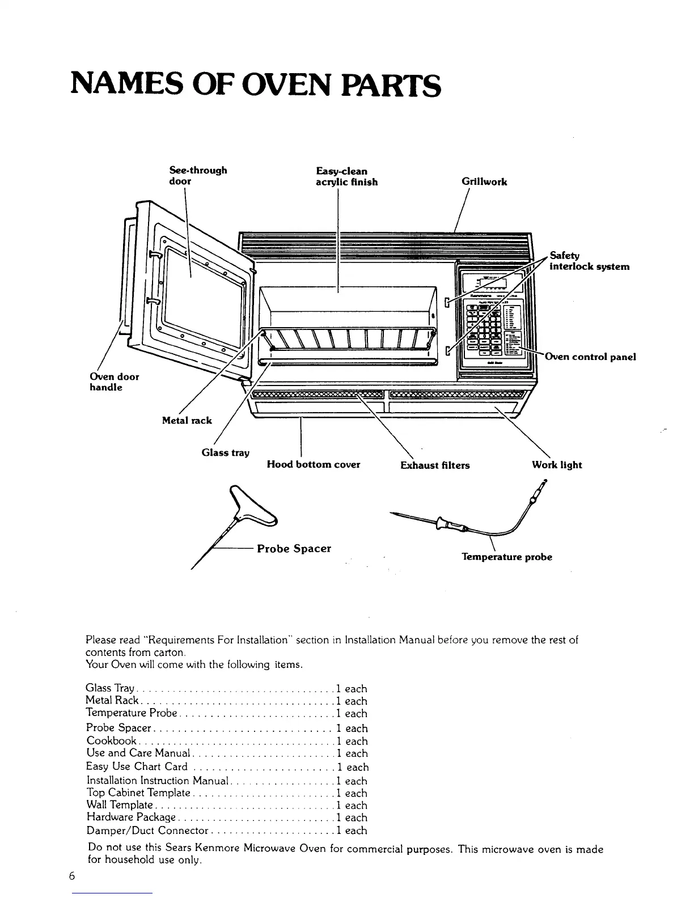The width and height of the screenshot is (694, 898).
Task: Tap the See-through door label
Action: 198,176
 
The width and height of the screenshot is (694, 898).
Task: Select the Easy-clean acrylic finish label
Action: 346,176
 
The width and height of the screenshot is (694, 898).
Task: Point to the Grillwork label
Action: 484,182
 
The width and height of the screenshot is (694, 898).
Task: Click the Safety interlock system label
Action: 589,261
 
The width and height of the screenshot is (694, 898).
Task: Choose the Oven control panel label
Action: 590,357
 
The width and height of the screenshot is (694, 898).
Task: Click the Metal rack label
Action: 187,421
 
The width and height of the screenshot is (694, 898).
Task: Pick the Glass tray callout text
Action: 226,452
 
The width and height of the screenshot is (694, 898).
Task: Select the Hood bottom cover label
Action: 314,465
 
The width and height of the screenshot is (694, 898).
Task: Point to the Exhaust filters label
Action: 435,465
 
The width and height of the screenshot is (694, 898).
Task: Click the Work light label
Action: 557,465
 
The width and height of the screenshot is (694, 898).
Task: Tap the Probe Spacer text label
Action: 294,549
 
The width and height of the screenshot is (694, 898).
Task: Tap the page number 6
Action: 72,876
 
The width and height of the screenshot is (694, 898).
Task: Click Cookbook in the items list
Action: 112,741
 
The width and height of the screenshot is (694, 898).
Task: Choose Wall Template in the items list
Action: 120,805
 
